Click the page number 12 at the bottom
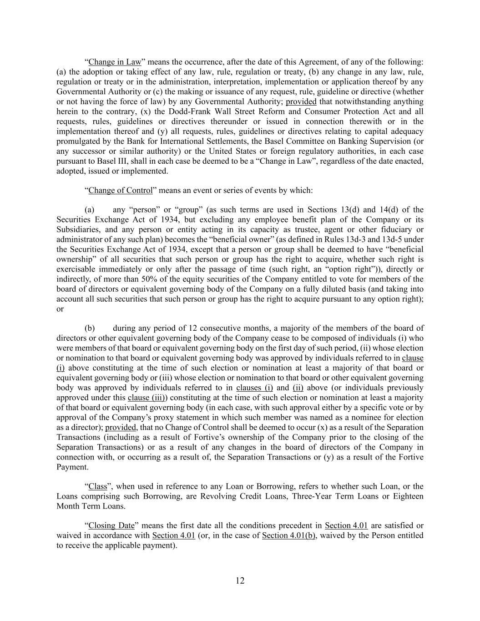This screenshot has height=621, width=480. tap(240, 581)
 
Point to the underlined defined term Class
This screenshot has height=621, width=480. tap(98, 486)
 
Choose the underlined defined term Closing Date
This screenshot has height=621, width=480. tap(111, 525)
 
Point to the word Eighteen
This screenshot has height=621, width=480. tap(407, 496)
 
